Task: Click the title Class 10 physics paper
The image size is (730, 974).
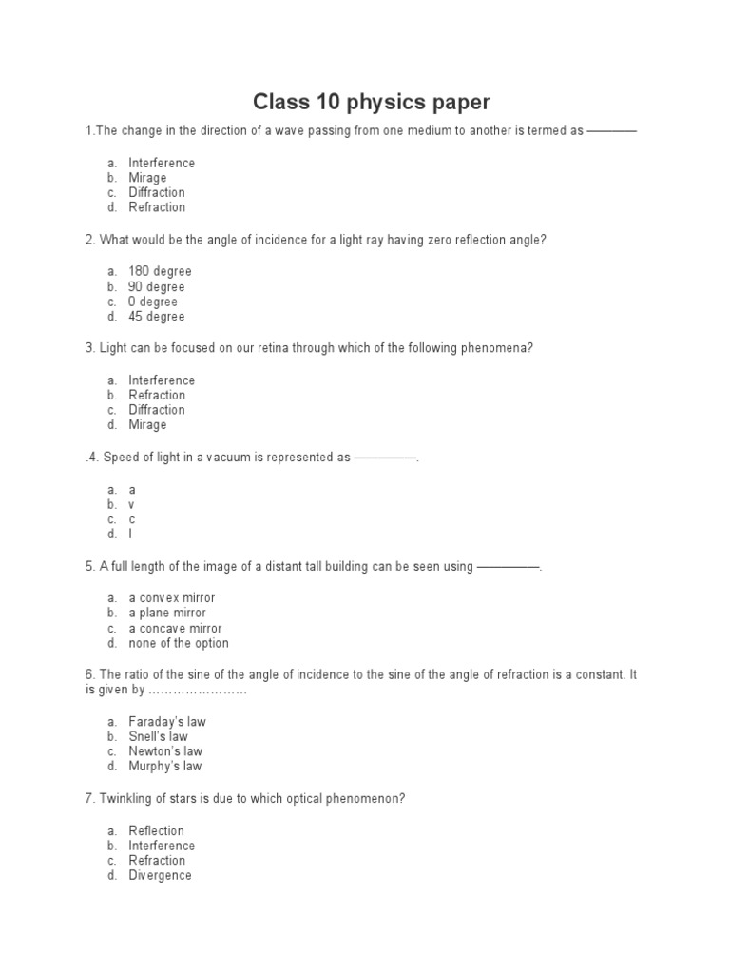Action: [371, 102]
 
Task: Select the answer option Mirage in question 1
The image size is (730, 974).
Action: [147, 178]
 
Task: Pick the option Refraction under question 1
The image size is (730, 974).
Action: [157, 207]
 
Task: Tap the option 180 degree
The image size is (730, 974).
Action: [160, 272]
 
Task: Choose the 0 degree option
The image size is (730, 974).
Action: [153, 302]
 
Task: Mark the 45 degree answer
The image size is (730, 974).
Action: [157, 317]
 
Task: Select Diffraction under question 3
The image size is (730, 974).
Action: [157, 410]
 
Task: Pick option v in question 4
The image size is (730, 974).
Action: [132, 504]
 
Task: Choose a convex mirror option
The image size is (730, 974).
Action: [172, 598]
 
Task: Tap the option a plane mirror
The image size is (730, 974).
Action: [167, 614]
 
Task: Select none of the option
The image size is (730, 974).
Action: [179, 643]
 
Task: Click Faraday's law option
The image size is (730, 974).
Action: [167, 722]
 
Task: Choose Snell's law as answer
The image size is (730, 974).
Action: [159, 736]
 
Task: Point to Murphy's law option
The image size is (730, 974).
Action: [165, 766]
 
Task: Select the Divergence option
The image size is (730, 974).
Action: [160, 875]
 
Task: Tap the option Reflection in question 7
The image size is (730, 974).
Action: [157, 831]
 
